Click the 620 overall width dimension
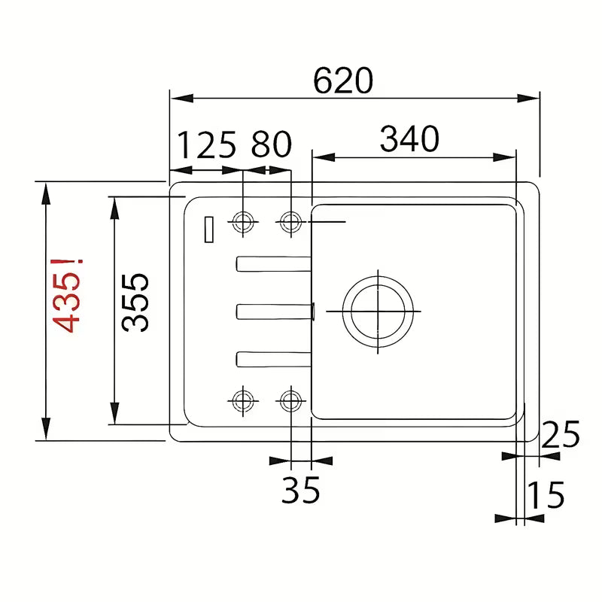tap(343, 81)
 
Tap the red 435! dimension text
tap(67, 295)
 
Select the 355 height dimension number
tap(135, 303)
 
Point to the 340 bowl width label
tap(409, 138)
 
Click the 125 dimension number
tap(207, 144)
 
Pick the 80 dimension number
tap(272, 144)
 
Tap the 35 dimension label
tap(300, 490)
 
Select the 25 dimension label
tap(560, 434)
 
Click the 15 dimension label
tap(546, 494)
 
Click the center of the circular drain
tap(379, 312)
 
